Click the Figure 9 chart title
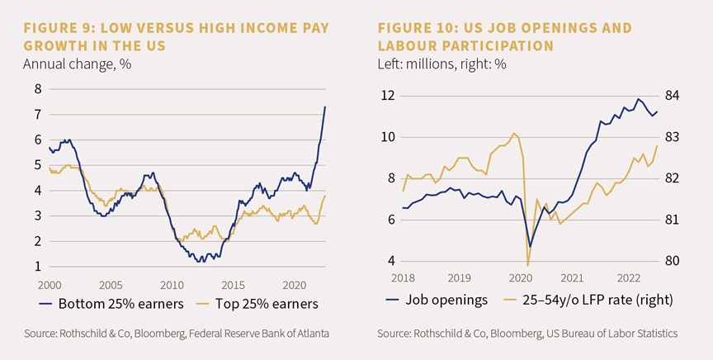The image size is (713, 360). [176, 37]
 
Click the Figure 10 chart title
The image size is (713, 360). [505, 37]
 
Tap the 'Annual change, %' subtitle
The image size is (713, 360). [78, 64]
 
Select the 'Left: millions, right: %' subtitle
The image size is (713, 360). [442, 64]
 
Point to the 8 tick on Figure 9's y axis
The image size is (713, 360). [38, 88]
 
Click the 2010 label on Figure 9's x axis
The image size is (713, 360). [172, 286]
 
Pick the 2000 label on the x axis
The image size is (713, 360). [50, 286]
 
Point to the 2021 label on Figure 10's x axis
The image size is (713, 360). [572, 277]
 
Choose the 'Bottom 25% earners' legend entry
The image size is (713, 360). [111, 304]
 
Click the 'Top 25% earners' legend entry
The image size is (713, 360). [260, 304]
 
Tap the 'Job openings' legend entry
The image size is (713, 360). [437, 300]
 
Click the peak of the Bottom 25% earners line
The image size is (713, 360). [325, 107]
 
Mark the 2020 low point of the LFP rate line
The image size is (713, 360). [527, 266]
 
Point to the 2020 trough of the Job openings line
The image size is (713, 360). [530, 247]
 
